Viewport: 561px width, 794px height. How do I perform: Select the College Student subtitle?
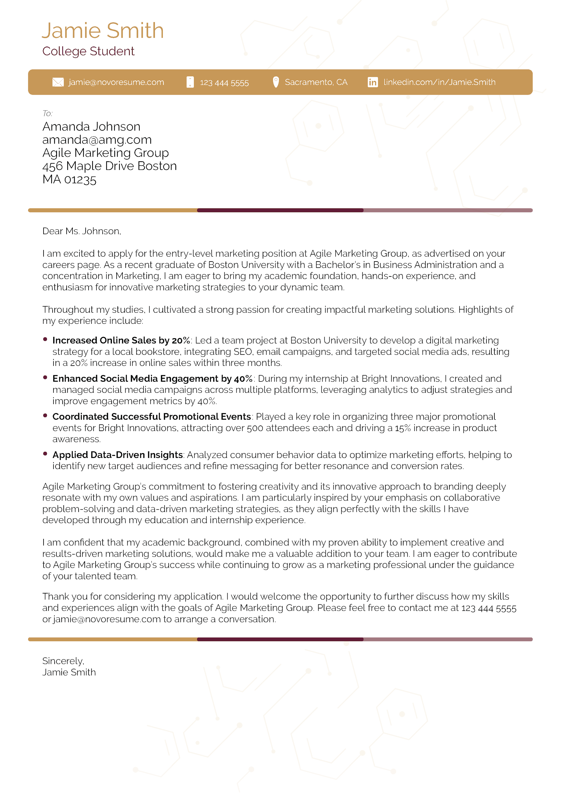point(88,51)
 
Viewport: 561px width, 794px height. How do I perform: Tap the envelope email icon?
point(58,82)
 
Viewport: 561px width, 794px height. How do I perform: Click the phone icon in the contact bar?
point(190,82)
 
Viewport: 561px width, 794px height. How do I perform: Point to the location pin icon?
point(276,82)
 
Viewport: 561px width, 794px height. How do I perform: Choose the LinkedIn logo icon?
point(373,82)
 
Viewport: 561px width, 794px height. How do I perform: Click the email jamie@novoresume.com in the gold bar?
point(116,82)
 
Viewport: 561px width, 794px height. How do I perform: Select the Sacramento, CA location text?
point(316,82)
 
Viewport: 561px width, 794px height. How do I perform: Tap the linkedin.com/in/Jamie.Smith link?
point(439,82)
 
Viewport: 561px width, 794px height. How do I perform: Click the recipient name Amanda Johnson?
point(91,127)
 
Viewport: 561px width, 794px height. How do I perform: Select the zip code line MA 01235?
point(69,180)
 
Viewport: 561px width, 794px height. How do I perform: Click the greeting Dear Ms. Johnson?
point(82,231)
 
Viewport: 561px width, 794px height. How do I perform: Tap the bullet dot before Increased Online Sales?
point(45,339)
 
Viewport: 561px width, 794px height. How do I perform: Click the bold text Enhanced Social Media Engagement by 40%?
point(152,379)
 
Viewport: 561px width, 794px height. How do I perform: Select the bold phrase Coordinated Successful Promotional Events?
point(151,417)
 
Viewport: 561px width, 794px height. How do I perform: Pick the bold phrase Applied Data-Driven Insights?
point(117,455)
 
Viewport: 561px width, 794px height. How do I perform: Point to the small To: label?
point(47,113)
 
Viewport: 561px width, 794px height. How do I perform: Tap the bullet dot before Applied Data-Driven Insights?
point(45,454)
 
